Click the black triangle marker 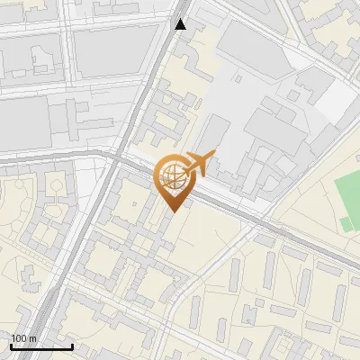point(181,24)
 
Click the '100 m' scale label point(24,337)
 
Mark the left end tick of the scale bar point(11,346)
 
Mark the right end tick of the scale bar point(72,346)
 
